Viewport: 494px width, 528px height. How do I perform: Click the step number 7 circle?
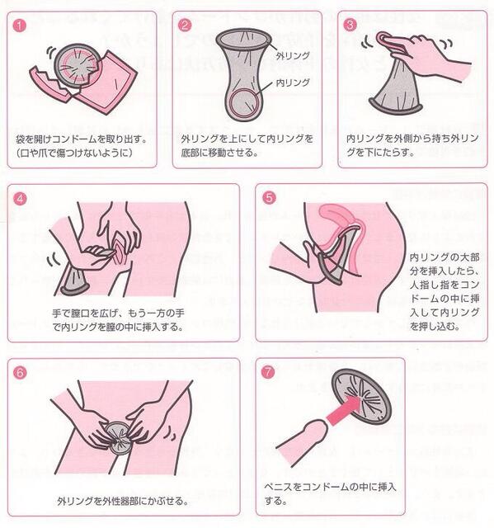click(x=269, y=371)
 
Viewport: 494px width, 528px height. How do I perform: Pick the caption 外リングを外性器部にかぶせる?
click(x=122, y=501)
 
